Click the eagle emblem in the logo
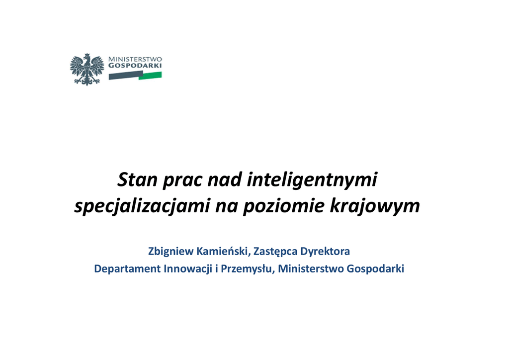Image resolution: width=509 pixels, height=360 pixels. [x=87, y=70]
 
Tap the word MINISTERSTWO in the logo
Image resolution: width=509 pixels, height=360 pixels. [x=135, y=59]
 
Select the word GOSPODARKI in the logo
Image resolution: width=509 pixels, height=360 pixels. [x=135, y=65]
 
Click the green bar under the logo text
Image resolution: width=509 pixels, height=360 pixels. [x=150, y=76]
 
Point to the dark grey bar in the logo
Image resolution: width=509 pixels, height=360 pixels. [x=126, y=75]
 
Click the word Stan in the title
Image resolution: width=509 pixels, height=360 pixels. [x=137, y=179]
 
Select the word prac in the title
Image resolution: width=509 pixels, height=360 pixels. [x=182, y=181]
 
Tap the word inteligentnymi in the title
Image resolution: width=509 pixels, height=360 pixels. [x=312, y=180]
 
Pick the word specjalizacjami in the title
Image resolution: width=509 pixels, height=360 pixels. [x=142, y=206]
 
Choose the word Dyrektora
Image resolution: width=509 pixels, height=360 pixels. [x=325, y=252]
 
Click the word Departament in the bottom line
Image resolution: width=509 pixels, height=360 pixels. [x=128, y=269]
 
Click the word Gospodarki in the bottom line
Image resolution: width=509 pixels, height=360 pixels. [x=375, y=269]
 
